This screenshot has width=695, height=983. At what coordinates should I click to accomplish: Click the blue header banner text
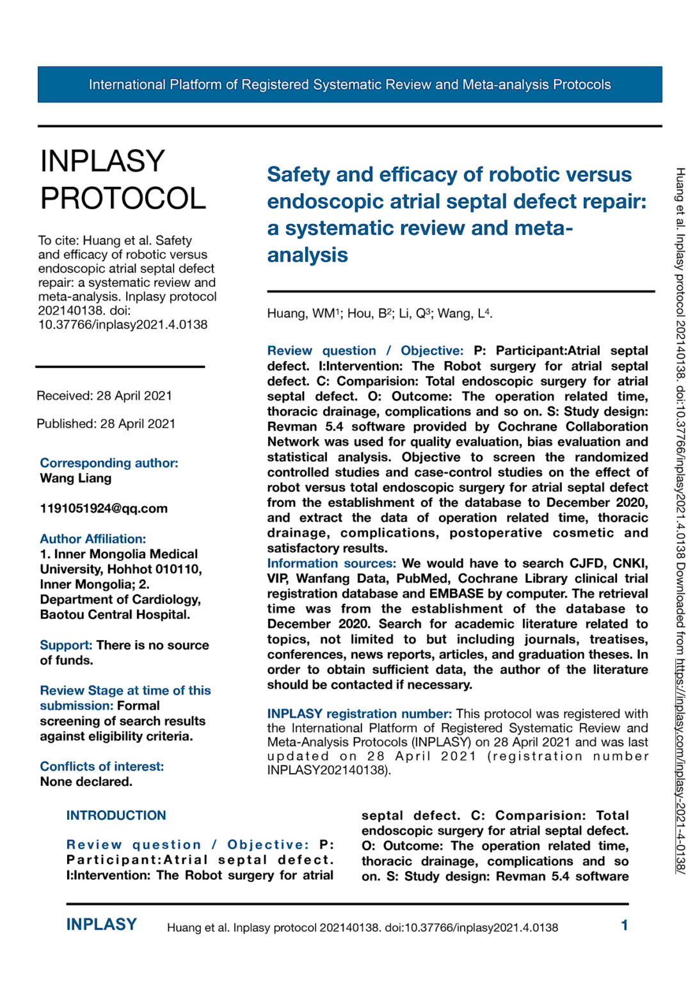[349, 84]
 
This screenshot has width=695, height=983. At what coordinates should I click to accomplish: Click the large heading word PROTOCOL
[123, 198]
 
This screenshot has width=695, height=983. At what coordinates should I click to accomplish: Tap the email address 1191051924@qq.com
[104, 508]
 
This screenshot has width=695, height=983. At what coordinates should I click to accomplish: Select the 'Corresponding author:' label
[109, 463]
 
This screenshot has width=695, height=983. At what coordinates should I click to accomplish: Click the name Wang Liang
[76, 478]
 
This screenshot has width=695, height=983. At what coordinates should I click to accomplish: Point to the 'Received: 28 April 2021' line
[104, 396]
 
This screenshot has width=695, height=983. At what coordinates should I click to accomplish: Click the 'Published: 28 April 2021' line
[106, 424]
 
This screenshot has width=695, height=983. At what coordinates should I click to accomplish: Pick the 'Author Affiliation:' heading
[93, 539]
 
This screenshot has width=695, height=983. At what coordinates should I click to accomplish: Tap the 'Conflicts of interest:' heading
[102, 766]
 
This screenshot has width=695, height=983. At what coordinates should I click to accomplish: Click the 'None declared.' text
[86, 781]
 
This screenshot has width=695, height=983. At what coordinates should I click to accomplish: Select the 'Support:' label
[66, 645]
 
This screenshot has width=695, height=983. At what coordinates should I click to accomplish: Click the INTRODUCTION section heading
[116, 815]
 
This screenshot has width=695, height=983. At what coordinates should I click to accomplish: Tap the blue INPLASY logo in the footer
[101, 925]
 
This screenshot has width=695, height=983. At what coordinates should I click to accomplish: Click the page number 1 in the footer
[624, 925]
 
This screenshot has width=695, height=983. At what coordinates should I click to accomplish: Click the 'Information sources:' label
[331, 563]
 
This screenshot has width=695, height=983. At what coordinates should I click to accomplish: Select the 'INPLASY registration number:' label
[359, 714]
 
